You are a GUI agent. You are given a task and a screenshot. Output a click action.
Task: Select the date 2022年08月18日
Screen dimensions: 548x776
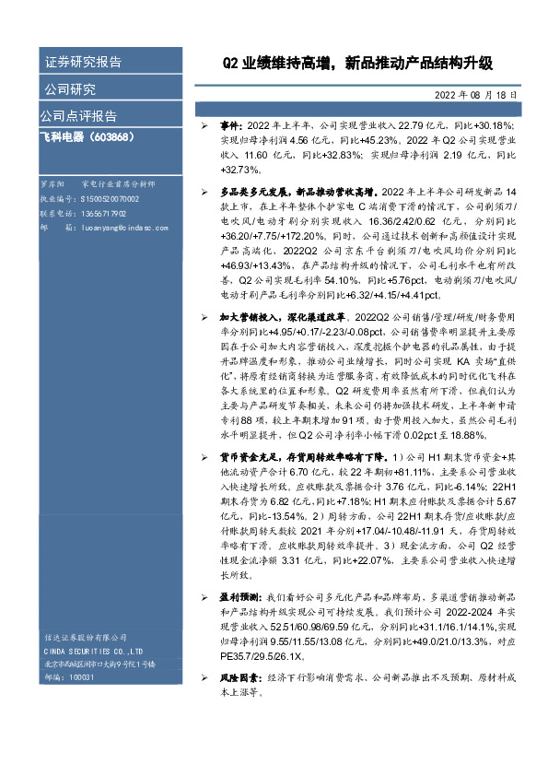473,95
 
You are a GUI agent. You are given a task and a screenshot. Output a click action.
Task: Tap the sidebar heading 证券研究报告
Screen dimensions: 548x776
83,63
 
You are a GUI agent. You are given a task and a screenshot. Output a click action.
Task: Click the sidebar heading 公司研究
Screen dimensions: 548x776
70,89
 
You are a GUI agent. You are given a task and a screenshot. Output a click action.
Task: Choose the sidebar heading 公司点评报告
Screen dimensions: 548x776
78,116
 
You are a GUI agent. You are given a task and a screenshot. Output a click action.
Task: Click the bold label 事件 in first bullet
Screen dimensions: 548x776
229,123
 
